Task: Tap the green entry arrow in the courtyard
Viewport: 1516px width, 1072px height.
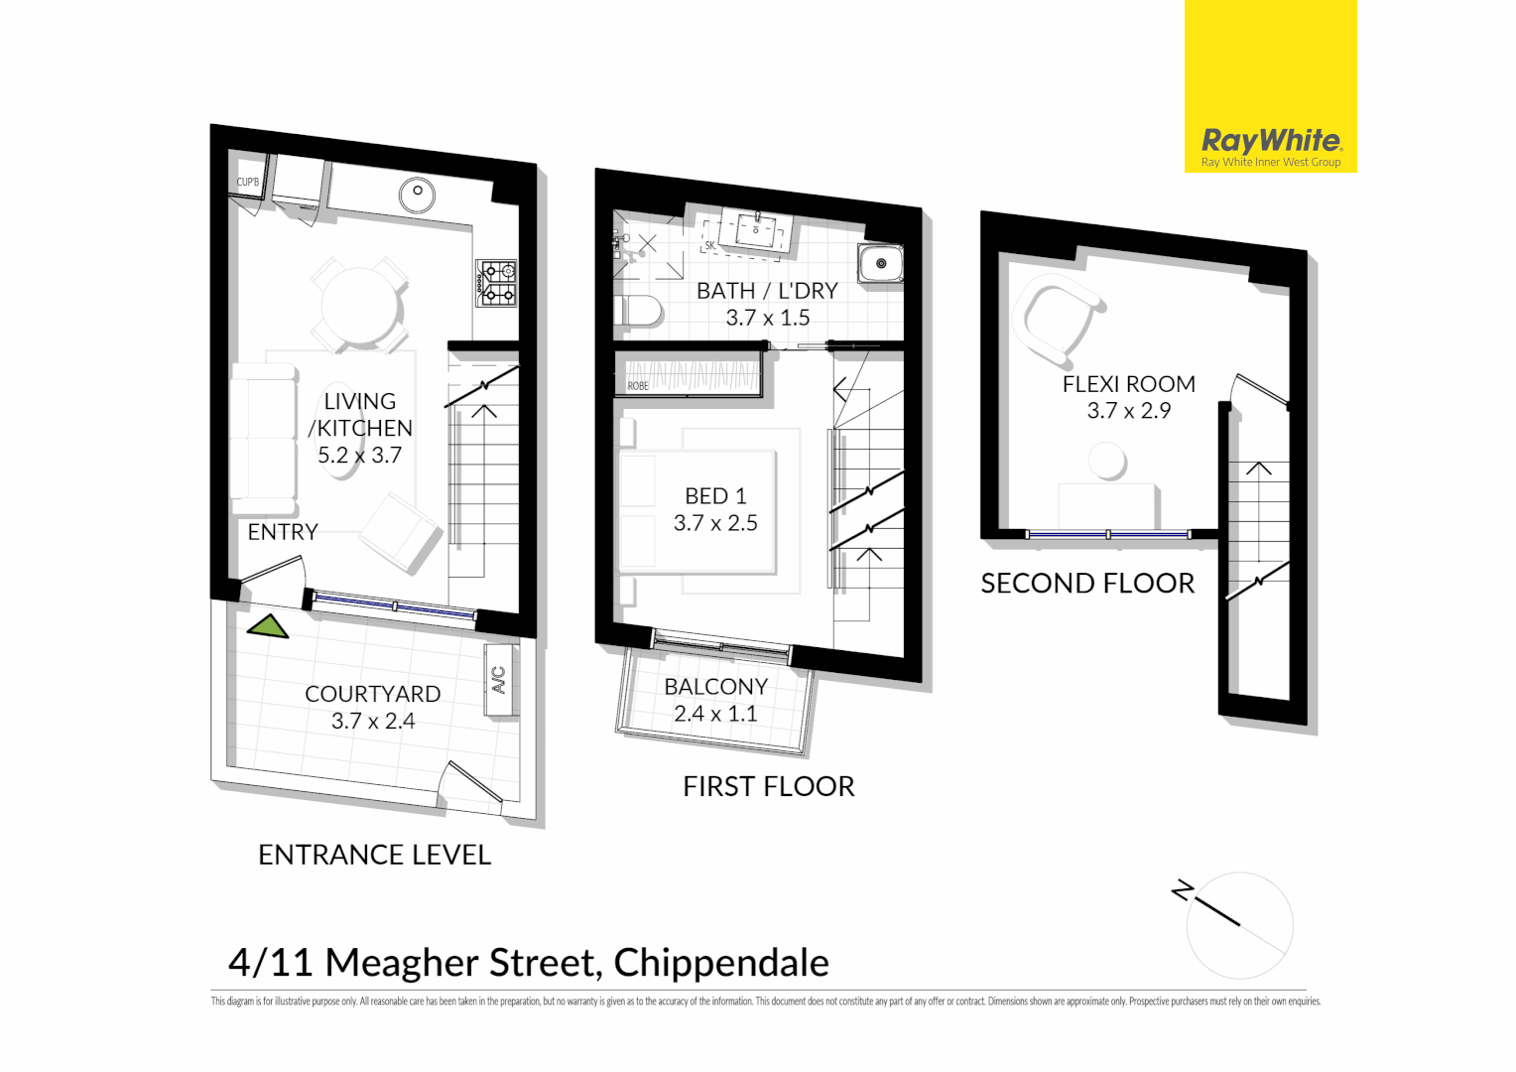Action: pyautogui.click(x=267, y=627)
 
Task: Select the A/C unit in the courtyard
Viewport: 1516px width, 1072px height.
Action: pyautogui.click(x=499, y=680)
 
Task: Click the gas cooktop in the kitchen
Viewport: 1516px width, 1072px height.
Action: pyautogui.click(x=496, y=283)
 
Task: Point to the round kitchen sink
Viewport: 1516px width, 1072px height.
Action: pyautogui.click(x=418, y=194)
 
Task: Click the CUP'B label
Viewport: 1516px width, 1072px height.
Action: pyautogui.click(x=247, y=183)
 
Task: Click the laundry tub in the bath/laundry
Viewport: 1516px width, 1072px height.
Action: pyautogui.click(x=880, y=264)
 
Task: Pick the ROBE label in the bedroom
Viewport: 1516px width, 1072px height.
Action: pyautogui.click(x=638, y=386)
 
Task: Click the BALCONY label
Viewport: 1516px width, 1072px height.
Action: pyautogui.click(x=715, y=687)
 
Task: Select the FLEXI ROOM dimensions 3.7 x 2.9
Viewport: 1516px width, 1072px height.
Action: pyautogui.click(x=1128, y=411)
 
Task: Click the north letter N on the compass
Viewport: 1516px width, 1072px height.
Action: pyautogui.click(x=1181, y=890)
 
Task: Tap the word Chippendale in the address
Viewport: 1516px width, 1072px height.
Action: pyautogui.click(x=720, y=963)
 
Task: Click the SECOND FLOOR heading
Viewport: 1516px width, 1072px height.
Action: pyautogui.click(x=1087, y=584)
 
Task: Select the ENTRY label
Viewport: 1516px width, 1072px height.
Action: pyautogui.click(x=283, y=532)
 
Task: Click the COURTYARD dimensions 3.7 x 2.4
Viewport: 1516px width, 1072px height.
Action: pyautogui.click(x=373, y=722)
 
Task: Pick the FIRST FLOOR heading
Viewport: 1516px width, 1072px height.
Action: pyautogui.click(x=768, y=787)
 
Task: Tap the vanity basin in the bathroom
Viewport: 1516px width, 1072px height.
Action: pyautogui.click(x=756, y=230)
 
